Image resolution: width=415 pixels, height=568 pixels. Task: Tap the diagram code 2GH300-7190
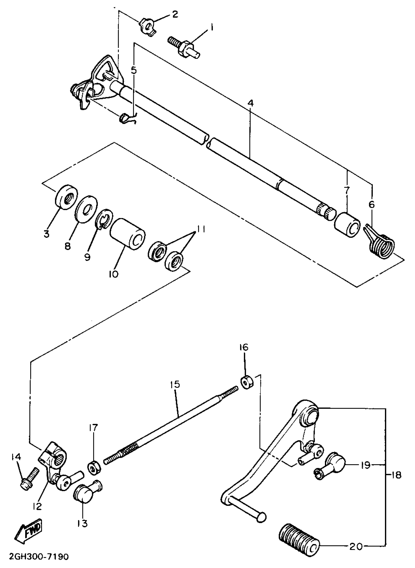coord(38,557)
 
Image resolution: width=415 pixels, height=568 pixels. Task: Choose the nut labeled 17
coord(94,468)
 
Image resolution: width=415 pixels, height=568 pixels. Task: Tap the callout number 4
coord(250,104)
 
